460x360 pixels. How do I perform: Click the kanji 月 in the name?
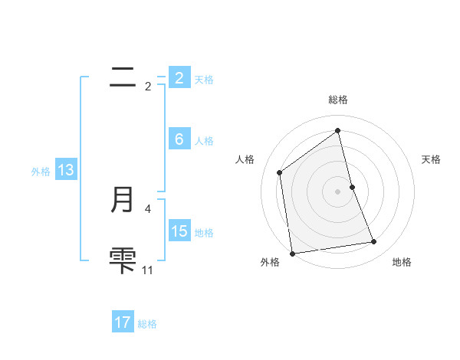(x=123, y=200)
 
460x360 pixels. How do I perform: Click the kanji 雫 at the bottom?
(x=123, y=260)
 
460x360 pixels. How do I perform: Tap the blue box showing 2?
(x=179, y=78)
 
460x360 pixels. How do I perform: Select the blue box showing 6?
(x=179, y=139)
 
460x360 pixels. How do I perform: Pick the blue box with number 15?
(x=179, y=231)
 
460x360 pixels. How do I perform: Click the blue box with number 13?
(x=65, y=171)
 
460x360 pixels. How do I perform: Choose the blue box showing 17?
(x=123, y=322)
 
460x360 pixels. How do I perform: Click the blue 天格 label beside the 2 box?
(x=204, y=80)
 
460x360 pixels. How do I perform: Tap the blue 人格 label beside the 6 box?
(x=204, y=141)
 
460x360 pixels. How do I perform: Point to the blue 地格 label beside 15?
(x=204, y=233)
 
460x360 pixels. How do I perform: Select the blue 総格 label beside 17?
(x=147, y=324)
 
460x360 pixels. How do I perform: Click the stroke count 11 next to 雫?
(x=147, y=270)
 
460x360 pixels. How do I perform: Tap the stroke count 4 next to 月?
(x=147, y=208)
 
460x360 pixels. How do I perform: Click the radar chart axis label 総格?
(x=338, y=100)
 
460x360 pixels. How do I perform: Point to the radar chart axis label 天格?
(x=432, y=159)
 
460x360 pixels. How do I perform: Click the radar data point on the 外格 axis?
(x=292, y=253)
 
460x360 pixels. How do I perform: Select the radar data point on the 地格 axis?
(x=374, y=242)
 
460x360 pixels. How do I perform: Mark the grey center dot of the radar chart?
(x=338, y=191)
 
